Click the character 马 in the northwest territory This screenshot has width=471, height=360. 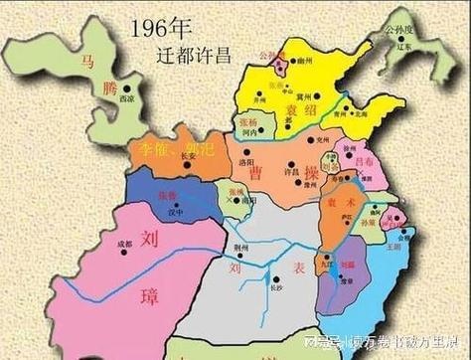(x=90, y=62)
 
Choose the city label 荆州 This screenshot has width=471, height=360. (x=240, y=245)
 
